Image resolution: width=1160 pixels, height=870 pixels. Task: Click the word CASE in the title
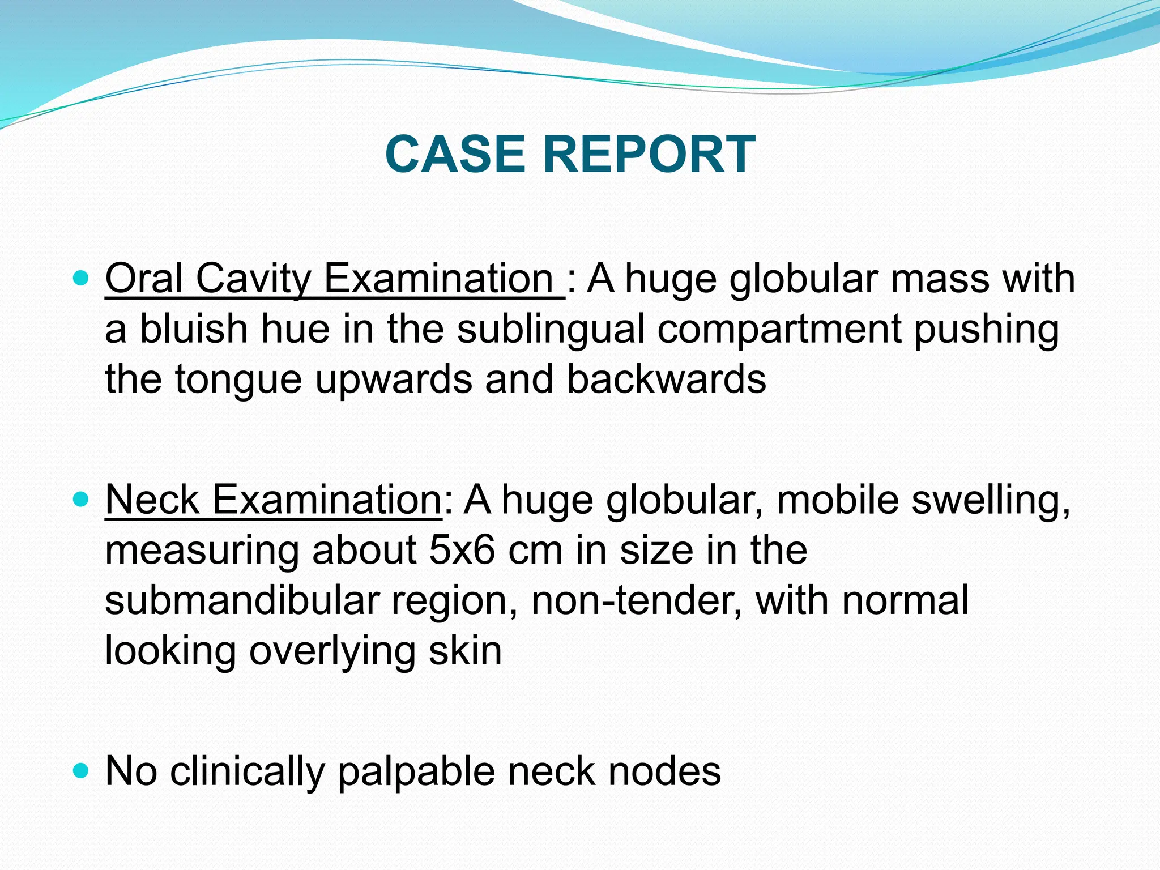455,154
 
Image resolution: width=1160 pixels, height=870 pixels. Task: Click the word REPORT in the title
649,154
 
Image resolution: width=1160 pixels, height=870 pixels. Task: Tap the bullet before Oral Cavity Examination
82,278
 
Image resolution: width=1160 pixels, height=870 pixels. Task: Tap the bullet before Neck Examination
82,499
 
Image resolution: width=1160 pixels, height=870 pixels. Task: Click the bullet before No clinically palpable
82,771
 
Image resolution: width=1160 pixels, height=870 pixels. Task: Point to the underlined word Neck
152,500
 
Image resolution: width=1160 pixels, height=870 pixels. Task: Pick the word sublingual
551,330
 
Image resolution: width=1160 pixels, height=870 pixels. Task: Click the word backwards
666,379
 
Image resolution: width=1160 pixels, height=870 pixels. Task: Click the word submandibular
242,600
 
